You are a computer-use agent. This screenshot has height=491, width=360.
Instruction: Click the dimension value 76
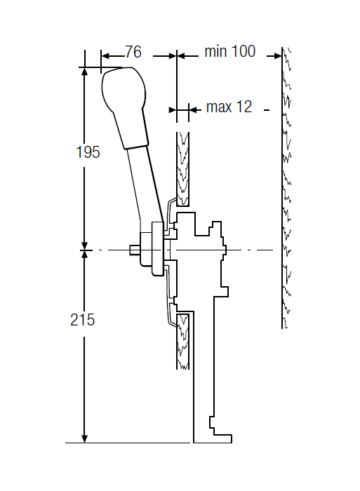click(x=133, y=52)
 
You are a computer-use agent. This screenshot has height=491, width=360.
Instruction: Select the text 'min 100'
click(x=230, y=51)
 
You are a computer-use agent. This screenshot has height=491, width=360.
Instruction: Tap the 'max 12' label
click(x=229, y=107)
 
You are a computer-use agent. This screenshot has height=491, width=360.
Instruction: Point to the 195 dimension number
click(x=88, y=152)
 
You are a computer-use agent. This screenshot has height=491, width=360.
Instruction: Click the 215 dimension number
click(x=82, y=320)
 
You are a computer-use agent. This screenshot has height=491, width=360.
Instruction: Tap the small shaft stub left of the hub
click(x=135, y=250)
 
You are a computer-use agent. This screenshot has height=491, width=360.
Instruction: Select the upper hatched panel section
click(x=182, y=169)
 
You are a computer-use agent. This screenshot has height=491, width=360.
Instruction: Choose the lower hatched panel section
click(x=182, y=342)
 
